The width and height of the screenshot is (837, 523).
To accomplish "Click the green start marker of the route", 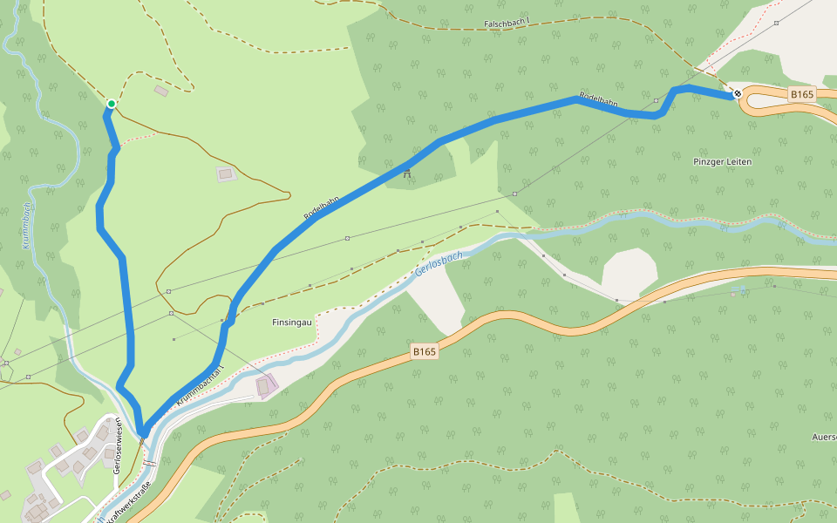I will point(112,105).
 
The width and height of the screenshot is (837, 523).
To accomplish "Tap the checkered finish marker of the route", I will point(738,93).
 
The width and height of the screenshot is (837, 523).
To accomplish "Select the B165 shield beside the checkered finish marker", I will point(802,93).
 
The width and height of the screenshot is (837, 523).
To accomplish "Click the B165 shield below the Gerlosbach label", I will point(424,351).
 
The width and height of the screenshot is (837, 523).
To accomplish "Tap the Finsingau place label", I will point(291,322).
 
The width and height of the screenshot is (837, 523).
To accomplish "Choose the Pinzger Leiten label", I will point(722,162).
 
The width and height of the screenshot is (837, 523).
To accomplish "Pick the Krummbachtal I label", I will point(201,384).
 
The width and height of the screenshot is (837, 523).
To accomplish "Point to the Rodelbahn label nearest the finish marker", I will point(599,101).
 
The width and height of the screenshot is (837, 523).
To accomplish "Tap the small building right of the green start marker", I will point(160,90).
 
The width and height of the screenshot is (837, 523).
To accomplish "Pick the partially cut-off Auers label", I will point(824,437).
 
